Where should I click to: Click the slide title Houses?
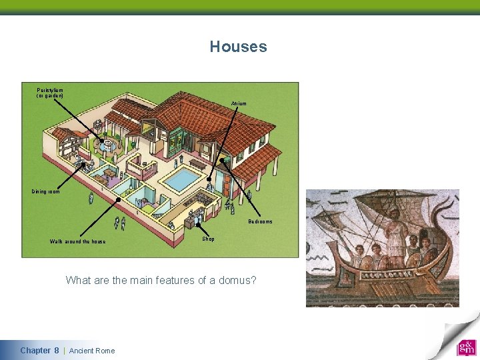(238, 47)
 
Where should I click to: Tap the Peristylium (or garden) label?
(50, 92)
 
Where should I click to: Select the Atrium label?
(239, 103)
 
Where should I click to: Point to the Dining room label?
(45, 191)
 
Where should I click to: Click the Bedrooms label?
(260, 221)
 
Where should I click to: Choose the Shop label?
(209, 239)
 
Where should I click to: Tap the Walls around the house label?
(77, 241)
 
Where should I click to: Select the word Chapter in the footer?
(35, 351)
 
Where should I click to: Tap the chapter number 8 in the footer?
(57, 351)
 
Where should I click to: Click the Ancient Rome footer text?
(92, 351)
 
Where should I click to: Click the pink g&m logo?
(466, 347)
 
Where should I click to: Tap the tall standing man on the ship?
(397, 233)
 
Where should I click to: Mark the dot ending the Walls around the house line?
(119, 199)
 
